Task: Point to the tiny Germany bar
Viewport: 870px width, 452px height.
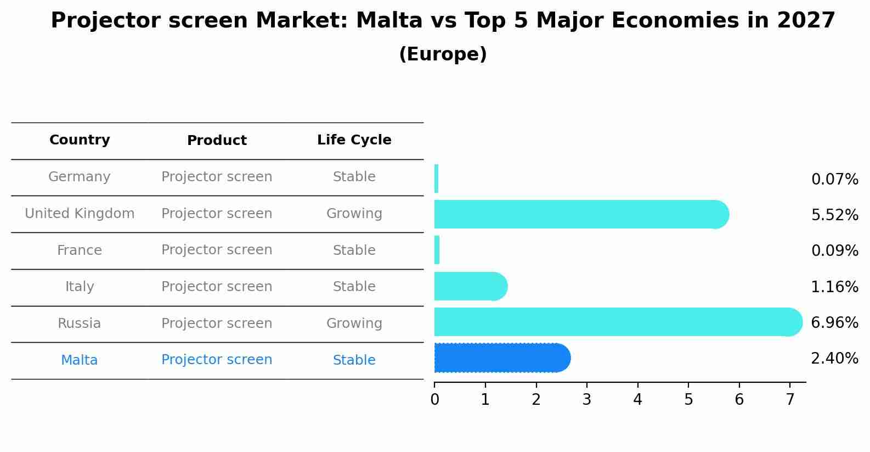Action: tap(436, 178)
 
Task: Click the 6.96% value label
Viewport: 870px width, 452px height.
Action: tap(834, 322)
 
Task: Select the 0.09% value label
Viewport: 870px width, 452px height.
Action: tap(834, 251)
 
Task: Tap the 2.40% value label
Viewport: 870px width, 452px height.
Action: tap(834, 359)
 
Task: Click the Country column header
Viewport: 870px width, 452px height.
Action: tap(80, 140)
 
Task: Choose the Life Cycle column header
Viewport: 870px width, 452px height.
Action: tap(354, 140)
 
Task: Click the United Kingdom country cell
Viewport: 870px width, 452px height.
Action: tap(80, 214)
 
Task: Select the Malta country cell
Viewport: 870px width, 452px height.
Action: tap(80, 360)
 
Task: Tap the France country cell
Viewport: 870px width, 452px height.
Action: tap(80, 250)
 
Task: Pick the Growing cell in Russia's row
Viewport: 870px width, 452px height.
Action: tap(354, 323)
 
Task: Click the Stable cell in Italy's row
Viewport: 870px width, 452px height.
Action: tap(354, 287)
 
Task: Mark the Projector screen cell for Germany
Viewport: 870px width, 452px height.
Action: tap(217, 177)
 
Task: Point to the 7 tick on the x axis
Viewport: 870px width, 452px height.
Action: tap(790, 399)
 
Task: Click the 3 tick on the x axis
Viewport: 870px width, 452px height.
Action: tap(586, 399)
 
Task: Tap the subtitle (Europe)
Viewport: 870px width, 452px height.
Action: tap(443, 54)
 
